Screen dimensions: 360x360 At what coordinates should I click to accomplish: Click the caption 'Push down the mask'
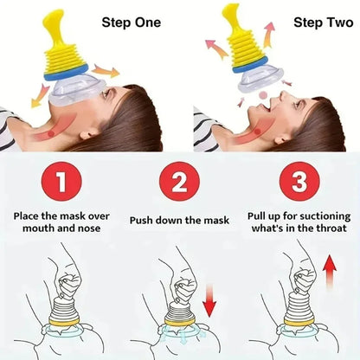pyautogui.click(x=180, y=220)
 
